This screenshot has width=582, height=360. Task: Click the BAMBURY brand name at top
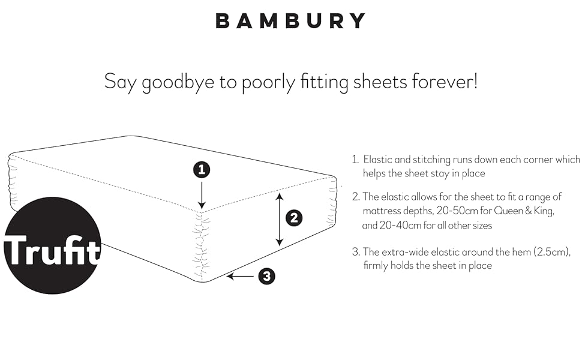pos(290,21)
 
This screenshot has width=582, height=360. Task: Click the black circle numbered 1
pos(202,170)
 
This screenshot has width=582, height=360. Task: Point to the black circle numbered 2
pos(293,218)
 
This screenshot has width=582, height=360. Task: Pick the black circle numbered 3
pos(267,277)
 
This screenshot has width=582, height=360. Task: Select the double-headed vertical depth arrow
pos(279,219)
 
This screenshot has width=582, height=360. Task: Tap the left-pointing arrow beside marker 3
pos(240,277)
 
